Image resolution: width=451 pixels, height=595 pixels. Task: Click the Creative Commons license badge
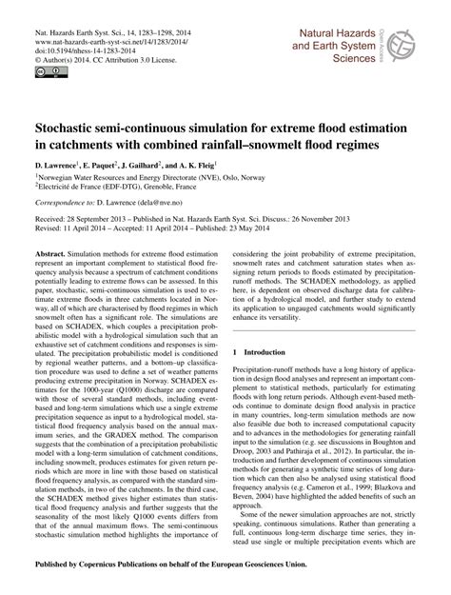click(46, 70)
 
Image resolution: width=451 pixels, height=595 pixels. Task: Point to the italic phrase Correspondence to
click(67, 203)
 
